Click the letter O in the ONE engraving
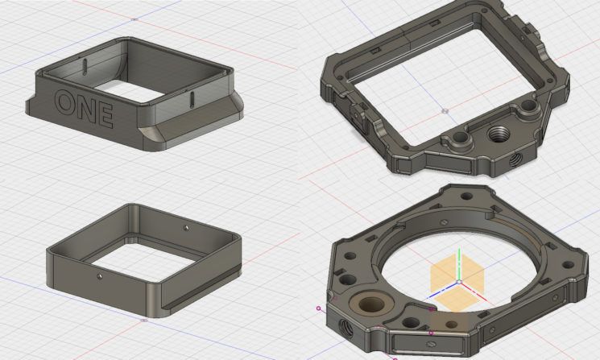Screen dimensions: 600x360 point(66,101)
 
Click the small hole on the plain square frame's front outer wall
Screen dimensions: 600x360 point(100,275)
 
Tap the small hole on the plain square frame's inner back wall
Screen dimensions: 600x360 point(186,228)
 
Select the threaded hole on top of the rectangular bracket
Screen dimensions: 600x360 point(497,134)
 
